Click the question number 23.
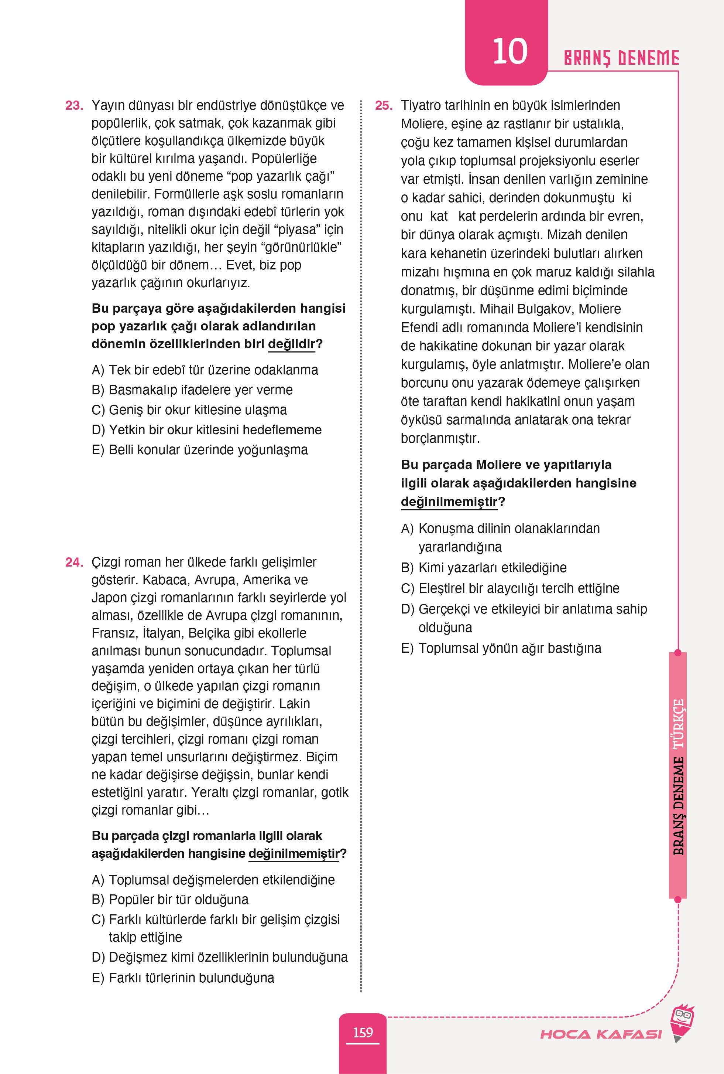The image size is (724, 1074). pos(74,106)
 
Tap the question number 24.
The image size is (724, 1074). pos(74,563)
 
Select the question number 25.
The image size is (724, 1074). pos(383,106)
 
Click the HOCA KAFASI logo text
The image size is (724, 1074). pos(601,1034)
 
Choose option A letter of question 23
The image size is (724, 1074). pos(98,370)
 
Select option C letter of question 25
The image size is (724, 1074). pos(407,588)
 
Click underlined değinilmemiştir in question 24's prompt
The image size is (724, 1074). pos(294,854)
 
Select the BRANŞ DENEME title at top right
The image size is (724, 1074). pos(621,59)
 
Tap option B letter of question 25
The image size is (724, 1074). pos(407,568)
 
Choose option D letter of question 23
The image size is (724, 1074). pos(98,430)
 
